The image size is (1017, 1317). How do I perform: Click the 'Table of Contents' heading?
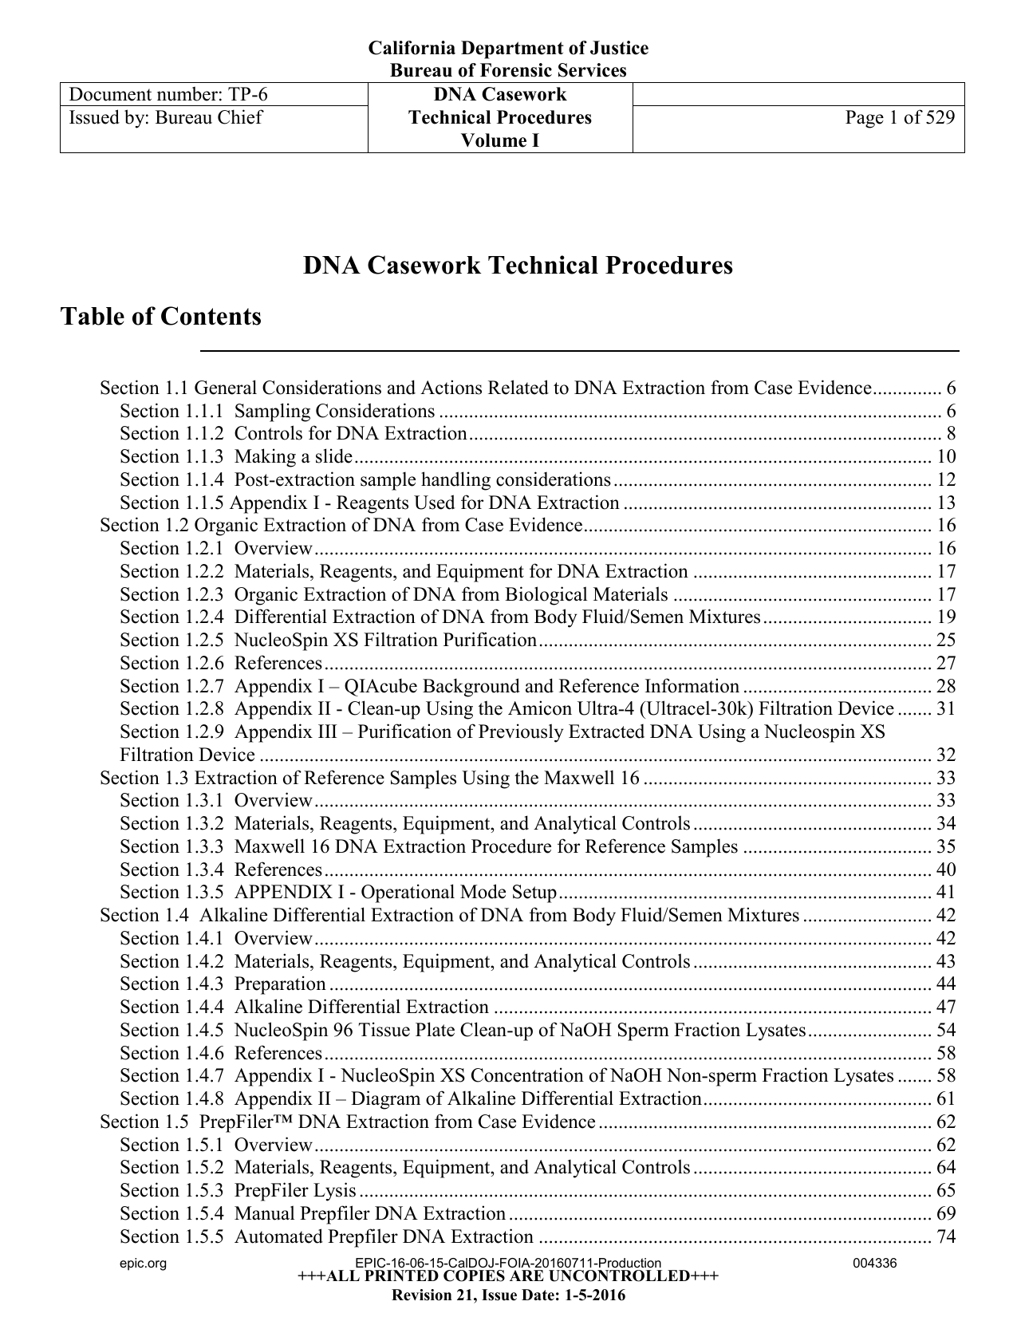[161, 317]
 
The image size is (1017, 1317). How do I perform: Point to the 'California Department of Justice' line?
[507, 49]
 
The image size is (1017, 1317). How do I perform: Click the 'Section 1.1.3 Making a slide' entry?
[236, 457]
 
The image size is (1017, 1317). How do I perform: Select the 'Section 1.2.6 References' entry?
[221, 664]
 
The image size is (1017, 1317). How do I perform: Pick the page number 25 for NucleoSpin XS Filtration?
[945, 641]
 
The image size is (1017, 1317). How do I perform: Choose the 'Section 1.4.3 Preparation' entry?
[223, 984]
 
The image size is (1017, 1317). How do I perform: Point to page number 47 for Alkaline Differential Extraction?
[945, 1007]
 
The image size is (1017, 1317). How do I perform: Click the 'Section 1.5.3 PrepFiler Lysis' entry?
[238, 1191]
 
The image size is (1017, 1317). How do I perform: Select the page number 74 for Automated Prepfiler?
[945, 1237]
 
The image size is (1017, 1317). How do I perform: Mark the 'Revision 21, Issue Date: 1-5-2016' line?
[507, 1295]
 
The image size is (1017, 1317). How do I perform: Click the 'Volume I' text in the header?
[499, 141]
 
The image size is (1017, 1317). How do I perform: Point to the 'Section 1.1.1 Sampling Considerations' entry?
[277, 412]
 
